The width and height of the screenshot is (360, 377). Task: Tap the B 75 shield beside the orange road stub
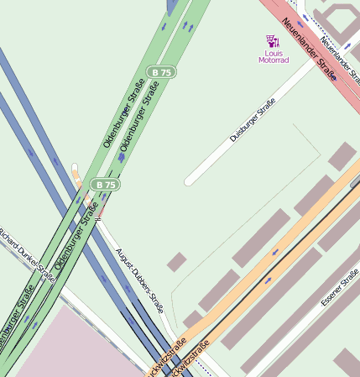(x=105, y=184)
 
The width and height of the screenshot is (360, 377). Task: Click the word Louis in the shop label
(x=273, y=53)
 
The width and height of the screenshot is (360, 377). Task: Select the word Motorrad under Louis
(x=273, y=60)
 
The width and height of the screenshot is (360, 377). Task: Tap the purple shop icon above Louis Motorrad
(x=272, y=39)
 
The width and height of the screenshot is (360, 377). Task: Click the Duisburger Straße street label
(x=253, y=120)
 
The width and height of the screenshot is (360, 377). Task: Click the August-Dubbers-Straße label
(x=140, y=280)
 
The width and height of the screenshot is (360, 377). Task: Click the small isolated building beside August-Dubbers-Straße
(x=176, y=262)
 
